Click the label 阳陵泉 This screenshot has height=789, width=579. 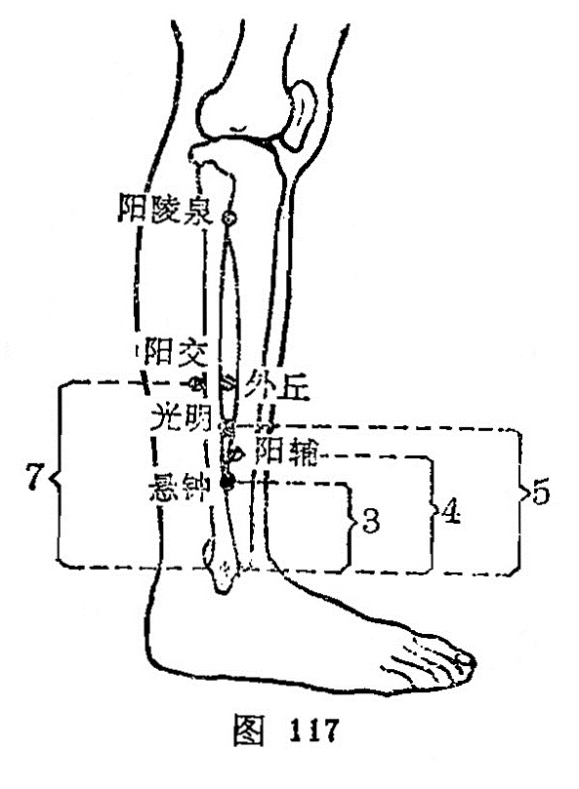[164, 210]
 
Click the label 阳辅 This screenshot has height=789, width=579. [286, 451]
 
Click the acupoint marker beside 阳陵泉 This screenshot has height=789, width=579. [229, 217]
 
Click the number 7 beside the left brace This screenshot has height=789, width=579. [33, 477]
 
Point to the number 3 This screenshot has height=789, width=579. [371, 521]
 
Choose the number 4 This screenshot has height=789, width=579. [451, 512]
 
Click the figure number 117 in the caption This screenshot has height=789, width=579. [312, 730]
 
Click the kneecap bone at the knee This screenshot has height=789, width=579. [301, 116]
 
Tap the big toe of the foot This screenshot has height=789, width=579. [464, 660]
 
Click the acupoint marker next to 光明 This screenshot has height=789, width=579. [227, 429]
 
